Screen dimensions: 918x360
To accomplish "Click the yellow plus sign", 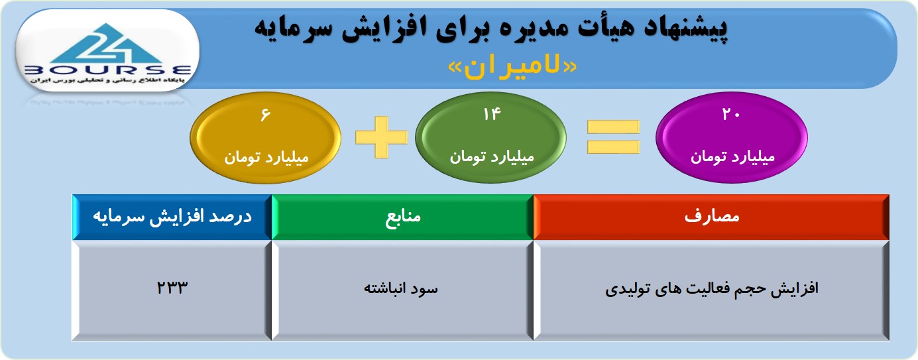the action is pyautogui.click(x=381, y=137).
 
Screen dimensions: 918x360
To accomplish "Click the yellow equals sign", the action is pyautogui.click(x=613, y=137).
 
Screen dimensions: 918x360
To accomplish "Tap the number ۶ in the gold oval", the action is pyautogui.click(x=266, y=115).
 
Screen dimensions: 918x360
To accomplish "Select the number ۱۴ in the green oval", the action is pyautogui.click(x=492, y=114).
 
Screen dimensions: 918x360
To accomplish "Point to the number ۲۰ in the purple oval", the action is pyautogui.click(x=731, y=114).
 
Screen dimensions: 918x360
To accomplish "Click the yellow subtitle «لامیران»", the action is pyautogui.click(x=512, y=66).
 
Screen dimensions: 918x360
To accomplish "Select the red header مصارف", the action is pyautogui.click(x=712, y=216).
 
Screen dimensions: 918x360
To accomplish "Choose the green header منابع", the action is pyautogui.click(x=403, y=216).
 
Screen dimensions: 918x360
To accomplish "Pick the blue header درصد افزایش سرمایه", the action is pyautogui.click(x=172, y=216).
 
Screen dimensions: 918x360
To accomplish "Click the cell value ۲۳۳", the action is pyautogui.click(x=172, y=288).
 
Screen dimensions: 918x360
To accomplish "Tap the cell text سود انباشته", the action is pyautogui.click(x=401, y=288).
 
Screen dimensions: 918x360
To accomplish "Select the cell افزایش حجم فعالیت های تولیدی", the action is pyautogui.click(x=712, y=288).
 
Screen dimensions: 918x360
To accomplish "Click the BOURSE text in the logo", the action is pyautogui.click(x=107, y=70).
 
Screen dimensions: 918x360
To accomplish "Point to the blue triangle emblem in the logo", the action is pyautogui.click(x=107, y=44).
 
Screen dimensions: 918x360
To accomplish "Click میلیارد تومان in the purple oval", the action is pyautogui.click(x=733, y=156).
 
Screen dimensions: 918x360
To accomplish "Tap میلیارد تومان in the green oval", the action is pyautogui.click(x=492, y=156).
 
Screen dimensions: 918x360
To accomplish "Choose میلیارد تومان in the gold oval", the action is pyautogui.click(x=266, y=157).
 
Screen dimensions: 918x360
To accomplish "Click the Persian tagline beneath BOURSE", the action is pyautogui.click(x=107, y=80).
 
